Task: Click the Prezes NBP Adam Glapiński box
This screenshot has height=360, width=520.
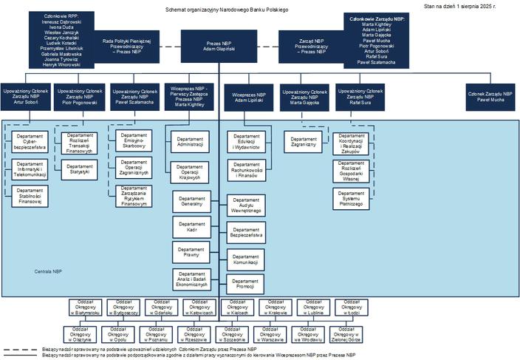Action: pos(219,45)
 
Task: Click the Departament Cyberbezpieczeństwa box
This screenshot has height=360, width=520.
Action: pos(30,143)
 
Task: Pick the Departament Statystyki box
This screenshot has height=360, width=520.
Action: pos(81,168)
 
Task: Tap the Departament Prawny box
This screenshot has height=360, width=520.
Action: pos(191,253)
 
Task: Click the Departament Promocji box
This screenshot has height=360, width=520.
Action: pos(244,284)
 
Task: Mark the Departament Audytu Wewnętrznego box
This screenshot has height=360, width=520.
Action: pos(244,206)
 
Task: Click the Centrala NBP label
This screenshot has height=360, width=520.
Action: pos(49,272)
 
